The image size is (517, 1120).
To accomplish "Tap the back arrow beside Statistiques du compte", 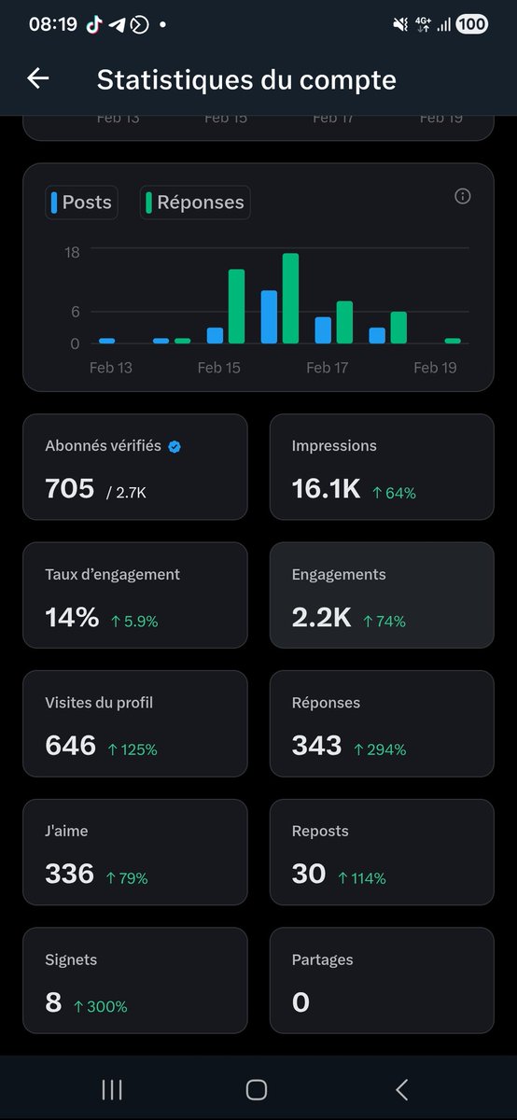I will pyautogui.click(x=38, y=78).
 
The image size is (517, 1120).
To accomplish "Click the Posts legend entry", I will pyautogui.click(x=82, y=202).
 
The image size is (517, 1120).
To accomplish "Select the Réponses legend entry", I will pyautogui.click(x=195, y=202).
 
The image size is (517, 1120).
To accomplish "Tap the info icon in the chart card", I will pyautogui.click(x=462, y=196).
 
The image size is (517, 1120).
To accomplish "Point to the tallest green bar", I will pyautogui.click(x=290, y=298).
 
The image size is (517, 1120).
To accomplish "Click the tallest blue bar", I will pyautogui.click(x=269, y=316).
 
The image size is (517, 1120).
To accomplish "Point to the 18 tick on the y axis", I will pyautogui.click(x=72, y=252).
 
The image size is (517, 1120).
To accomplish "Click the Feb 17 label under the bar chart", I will pyautogui.click(x=327, y=368).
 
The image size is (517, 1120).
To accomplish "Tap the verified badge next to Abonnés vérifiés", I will pyautogui.click(x=175, y=446).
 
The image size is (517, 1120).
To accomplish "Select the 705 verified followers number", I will pyautogui.click(x=70, y=487).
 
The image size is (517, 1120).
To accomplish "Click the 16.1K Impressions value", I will pyautogui.click(x=326, y=487).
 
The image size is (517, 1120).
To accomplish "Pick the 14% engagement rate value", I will pyautogui.click(x=72, y=617).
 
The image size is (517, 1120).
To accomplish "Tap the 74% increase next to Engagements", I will pyautogui.click(x=384, y=621).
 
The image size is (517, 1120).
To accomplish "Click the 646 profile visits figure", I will pyautogui.click(x=71, y=745).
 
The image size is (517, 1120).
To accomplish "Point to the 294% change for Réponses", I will pyautogui.click(x=380, y=749).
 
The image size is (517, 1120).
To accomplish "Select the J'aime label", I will pyautogui.click(x=66, y=831).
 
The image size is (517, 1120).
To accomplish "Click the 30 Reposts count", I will pyautogui.click(x=309, y=874).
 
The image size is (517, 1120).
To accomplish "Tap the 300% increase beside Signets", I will pyautogui.click(x=101, y=1006).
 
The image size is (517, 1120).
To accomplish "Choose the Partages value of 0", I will pyautogui.click(x=300, y=1002).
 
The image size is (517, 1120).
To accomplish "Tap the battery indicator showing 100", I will pyautogui.click(x=472, y=24).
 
